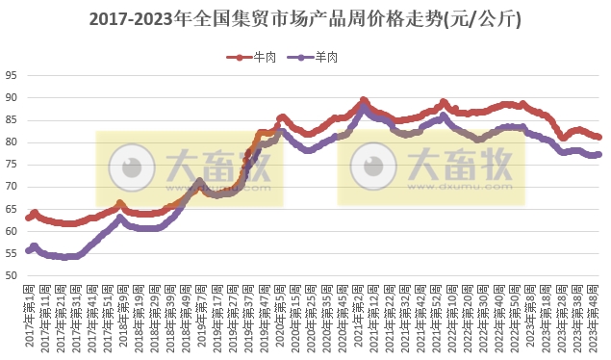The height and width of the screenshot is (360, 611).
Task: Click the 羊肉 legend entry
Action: [x=318, y=58]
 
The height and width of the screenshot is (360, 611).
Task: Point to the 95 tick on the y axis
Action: [x=12, y=75]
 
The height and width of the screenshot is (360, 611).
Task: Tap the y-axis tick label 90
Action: [x=12, y=97]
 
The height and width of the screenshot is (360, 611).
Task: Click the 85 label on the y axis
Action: [x=12, y=119]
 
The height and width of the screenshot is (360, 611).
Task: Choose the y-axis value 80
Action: [x=12, y=142]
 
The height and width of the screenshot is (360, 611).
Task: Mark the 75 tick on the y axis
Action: [x=12, y=165]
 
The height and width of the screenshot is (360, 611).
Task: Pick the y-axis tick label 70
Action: [x=12, y=187]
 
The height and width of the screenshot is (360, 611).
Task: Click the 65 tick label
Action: [x=12, y=209]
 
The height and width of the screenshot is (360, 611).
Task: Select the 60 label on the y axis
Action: [x=12, y=231]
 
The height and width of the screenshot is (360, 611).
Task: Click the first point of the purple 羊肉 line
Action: [x=29, y=250]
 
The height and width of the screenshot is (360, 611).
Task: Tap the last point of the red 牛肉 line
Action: [x=598, y=137]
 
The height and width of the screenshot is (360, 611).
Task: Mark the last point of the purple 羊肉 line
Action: [x=598, y=154]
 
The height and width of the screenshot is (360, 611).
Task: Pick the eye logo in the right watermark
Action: [x=369, y=169]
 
